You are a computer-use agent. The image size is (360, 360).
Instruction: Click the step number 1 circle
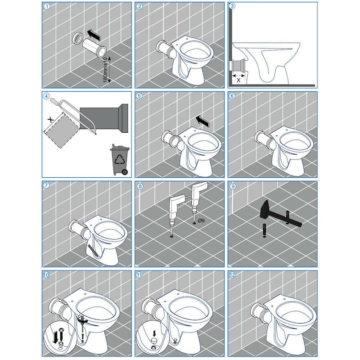click(x=47, y=6)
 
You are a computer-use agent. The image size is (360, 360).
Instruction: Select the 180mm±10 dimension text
click(x=105, y=70)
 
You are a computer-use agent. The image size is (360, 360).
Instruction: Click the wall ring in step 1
click(x=77, y=38)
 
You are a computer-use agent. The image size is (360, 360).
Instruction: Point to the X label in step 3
click(x=239, y=80)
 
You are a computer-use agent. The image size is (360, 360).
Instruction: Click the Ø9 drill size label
click(x=201, y=220)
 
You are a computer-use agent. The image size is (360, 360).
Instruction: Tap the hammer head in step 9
click(x=266, y=209)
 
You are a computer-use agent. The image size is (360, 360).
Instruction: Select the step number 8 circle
click(x=139, y=186)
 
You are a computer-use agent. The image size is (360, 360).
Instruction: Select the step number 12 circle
click(x=232, y=275)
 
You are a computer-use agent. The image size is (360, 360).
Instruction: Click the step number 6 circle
click(x=232, y=96)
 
